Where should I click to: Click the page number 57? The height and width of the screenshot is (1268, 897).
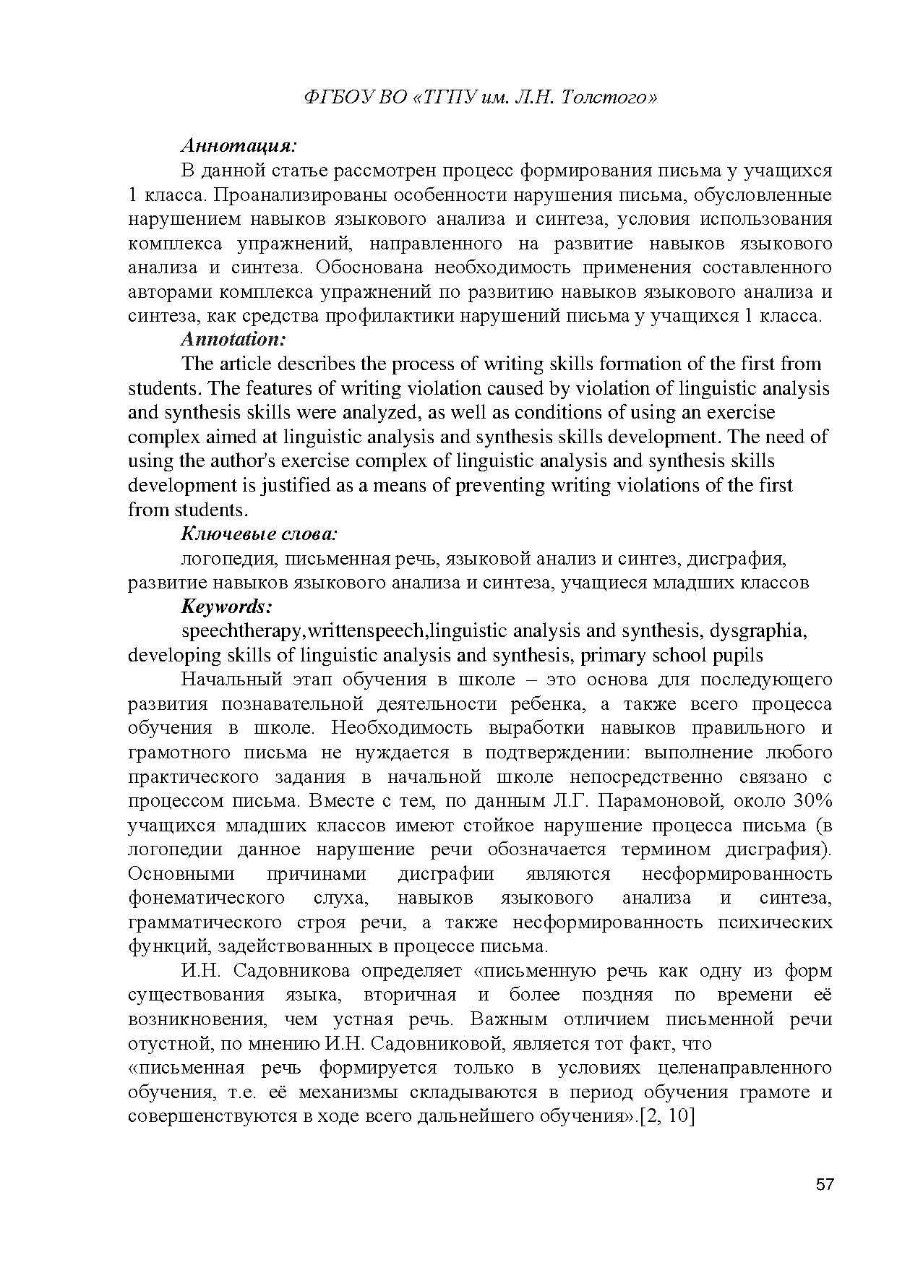[x=825, y=1184]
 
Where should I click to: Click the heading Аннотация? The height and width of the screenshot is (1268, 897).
[x=239, y=146]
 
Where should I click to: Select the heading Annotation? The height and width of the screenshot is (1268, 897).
[x=233, y=339]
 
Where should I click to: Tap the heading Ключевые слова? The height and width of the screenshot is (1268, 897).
[x=259, y=534]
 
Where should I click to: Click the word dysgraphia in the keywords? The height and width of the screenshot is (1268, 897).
[x=758, y=630]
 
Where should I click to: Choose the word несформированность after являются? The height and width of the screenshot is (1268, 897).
[x=737, y=873]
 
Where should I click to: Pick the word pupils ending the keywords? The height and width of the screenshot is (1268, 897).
[x=738, y=655]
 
